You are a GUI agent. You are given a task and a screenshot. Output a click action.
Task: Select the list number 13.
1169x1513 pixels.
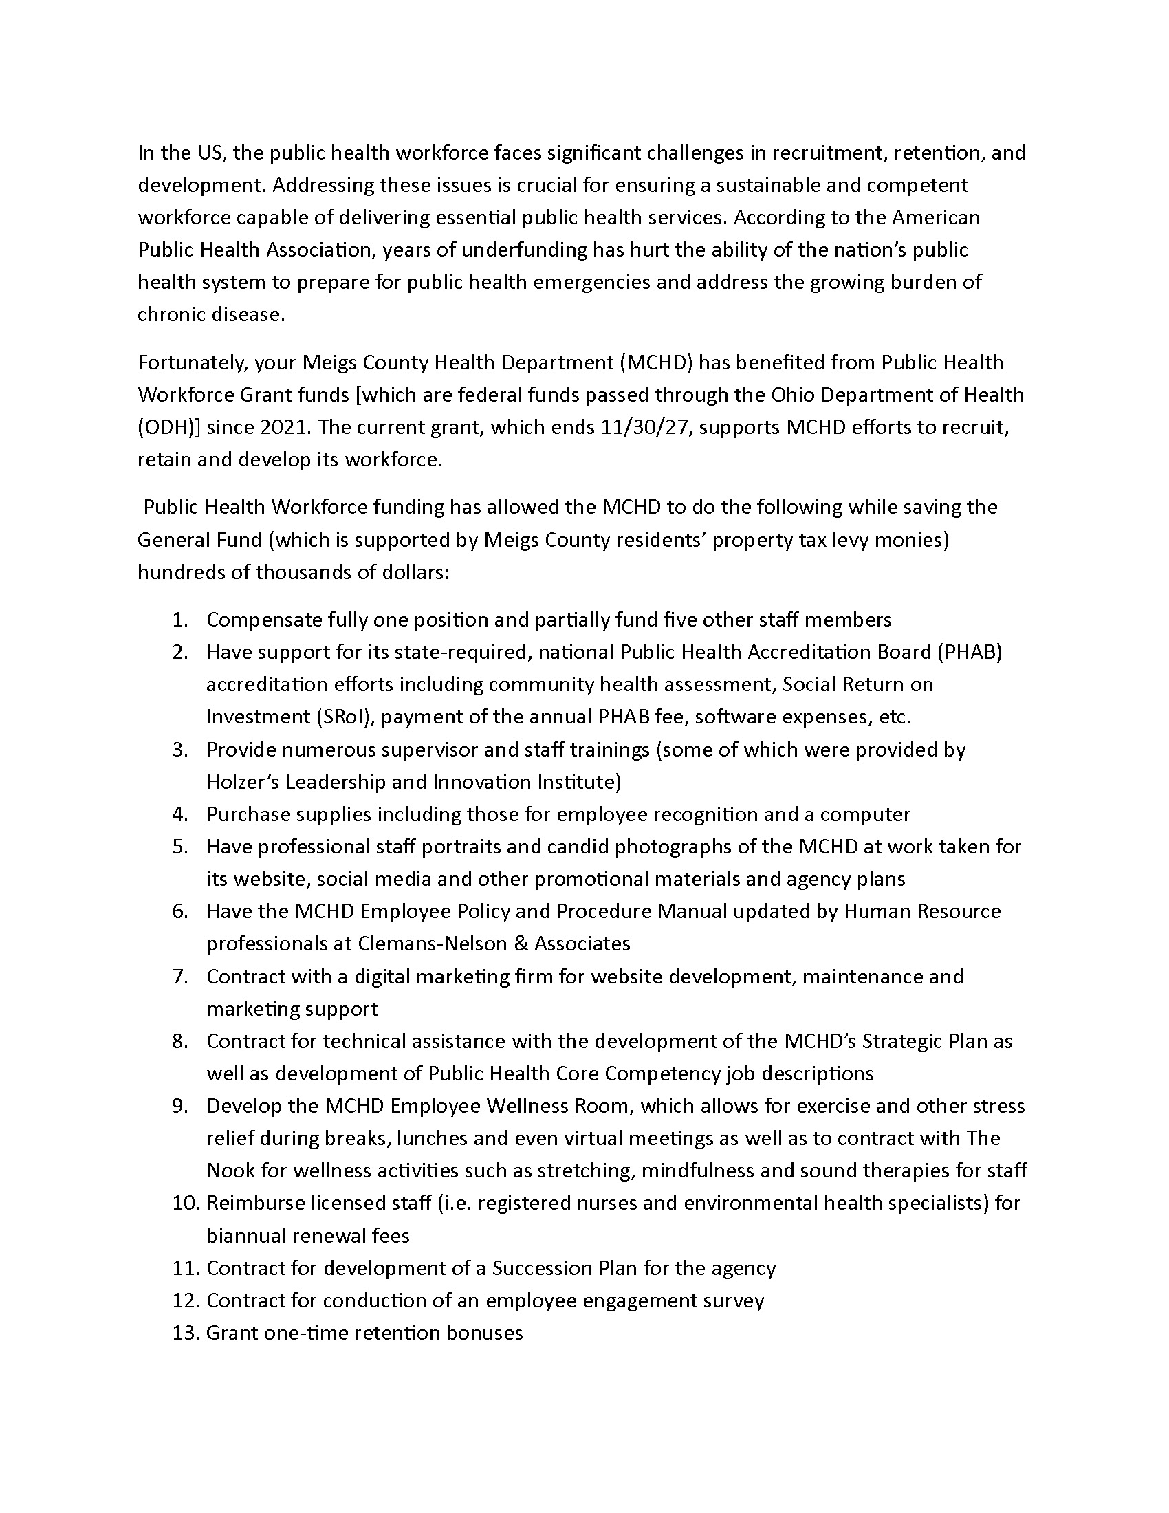click(x=186, y=1333)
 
